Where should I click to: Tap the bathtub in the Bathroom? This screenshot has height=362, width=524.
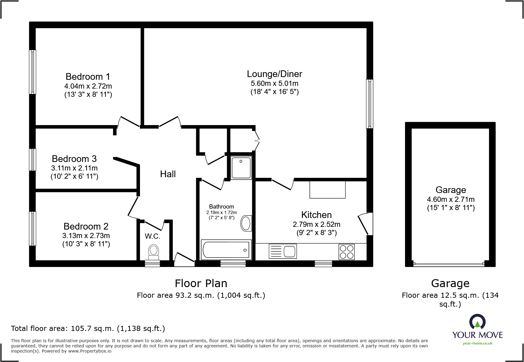[x=226, y=250]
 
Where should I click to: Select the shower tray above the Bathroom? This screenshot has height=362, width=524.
[x=241, y=167]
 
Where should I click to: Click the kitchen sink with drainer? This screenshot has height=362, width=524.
[x=283, y=251]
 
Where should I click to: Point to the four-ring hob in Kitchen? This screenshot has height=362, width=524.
[x=347, y=252]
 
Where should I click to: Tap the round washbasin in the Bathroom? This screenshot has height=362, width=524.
[x=246, y=223]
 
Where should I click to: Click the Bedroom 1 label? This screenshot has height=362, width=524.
[x=88, y=76]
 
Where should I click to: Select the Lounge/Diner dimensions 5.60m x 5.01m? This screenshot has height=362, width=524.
[x=274, y=83]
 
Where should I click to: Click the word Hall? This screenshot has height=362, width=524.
[x=168, y=174]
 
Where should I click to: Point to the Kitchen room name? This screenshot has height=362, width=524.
[x=316, y=215]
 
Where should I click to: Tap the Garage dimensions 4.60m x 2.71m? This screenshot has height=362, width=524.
[x=451, y=199]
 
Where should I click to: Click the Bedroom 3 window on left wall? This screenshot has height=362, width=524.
[x=33, y=160]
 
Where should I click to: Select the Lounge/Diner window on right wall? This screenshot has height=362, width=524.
[x=369, y=104]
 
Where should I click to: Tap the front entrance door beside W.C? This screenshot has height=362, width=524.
[x=184, y=260]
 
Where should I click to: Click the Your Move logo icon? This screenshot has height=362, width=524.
[x=477, y=322]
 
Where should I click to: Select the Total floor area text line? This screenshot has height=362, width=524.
[x=88, y=329]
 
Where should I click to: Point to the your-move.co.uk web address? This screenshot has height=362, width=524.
[x=477, y=343]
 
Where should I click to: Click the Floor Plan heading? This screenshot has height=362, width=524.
[x=201, y=283]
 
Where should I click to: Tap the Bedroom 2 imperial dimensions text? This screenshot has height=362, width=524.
[x=86, y=244]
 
